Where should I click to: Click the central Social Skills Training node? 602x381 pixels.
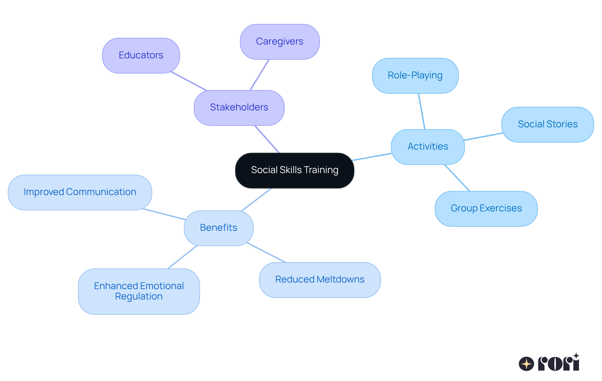point(294,170)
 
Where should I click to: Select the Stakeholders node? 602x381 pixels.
point(239,108)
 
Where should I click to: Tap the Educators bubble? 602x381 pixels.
point(141,56)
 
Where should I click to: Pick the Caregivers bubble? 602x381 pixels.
point(279,42)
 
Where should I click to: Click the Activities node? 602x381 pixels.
point(428,146)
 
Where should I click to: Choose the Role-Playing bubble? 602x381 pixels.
point(415,76)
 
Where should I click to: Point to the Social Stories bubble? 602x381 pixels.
point(547,124)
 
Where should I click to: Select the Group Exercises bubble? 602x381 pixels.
point(486,209)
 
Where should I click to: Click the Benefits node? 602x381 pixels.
point(219,228)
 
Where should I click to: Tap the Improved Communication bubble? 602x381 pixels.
point(80,192)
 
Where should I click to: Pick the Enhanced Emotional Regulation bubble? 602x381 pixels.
point(139,291)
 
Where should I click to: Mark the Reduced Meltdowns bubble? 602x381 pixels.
point(319,280)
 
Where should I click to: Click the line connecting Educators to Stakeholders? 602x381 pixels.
point(189,82)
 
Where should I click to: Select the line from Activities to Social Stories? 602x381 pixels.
point(483,137)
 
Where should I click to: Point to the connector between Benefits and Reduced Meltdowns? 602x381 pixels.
point(267,252)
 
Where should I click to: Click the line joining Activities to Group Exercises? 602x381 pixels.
point(457,178)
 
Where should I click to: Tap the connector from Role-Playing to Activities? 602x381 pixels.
point(422,111)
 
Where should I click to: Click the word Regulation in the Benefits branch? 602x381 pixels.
point(139,296)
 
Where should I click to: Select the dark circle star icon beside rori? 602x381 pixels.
point(526,364)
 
